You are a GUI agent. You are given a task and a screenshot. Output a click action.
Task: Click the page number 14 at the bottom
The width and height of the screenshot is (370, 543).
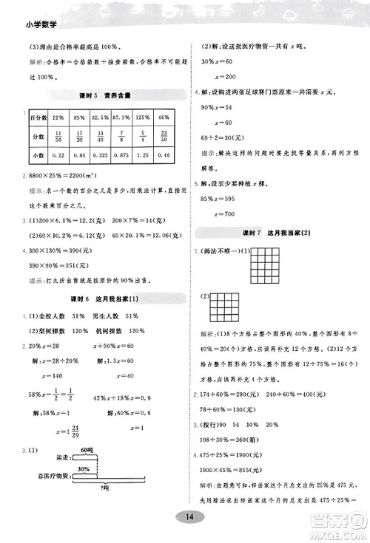(x=190, y=516)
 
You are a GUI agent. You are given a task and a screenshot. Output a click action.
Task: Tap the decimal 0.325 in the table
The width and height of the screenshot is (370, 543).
(x=101, y=154)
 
